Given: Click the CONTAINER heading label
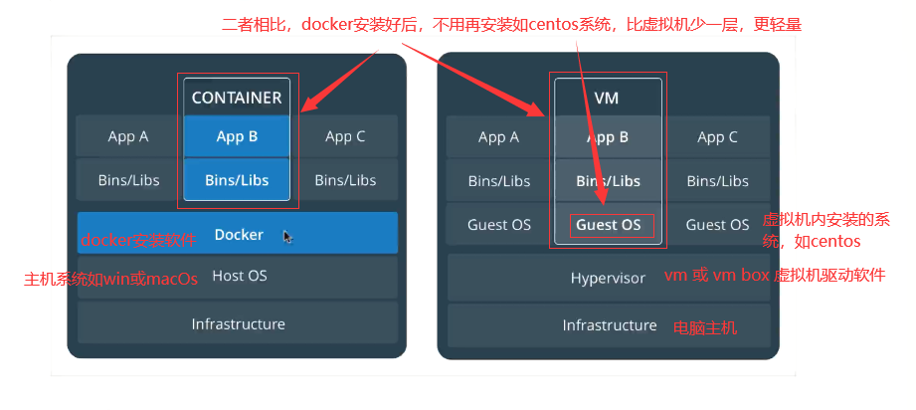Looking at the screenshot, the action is pos(237,98).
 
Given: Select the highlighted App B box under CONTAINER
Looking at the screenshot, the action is pos(237,137).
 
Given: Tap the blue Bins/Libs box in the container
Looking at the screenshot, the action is pos(237,179).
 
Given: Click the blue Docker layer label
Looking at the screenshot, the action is pos(239,235).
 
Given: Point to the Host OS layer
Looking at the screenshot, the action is pos(238,277).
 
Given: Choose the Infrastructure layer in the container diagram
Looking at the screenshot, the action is pos(238,322).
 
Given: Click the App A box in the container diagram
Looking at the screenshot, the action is pos(128,137).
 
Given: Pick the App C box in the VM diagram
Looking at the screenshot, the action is pos(717,137).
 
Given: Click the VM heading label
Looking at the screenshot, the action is pos(607,99).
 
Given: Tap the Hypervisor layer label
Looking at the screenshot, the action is pos(608,278).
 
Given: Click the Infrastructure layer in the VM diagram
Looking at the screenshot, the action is pos(609,325).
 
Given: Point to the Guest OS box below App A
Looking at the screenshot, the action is pos(499,225).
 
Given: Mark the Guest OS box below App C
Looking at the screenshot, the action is pos(717,225).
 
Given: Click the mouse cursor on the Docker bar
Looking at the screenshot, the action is pos(288,236).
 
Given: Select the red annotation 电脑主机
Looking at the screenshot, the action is pos(705,328).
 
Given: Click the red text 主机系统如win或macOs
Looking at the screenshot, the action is pos(110,279).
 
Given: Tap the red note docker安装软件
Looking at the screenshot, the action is pos(138,240).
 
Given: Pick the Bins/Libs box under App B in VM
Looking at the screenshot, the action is pos(608,181).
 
